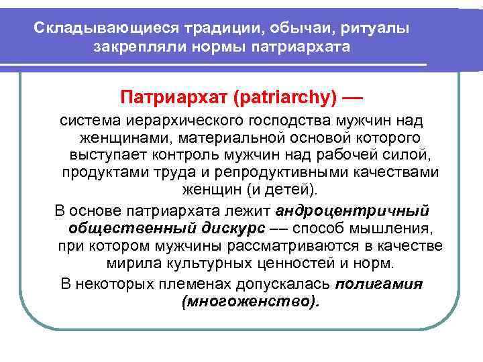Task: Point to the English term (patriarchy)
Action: coord(282,99)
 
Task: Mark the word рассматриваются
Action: coord(299,245)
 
